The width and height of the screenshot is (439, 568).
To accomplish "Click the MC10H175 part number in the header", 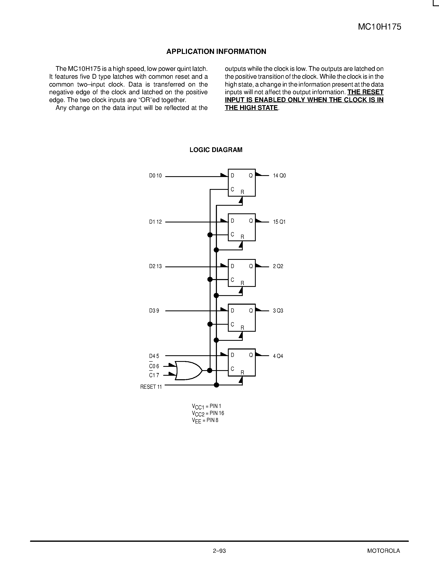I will coord(380,27).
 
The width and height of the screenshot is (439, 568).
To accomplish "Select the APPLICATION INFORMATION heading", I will coord(216,51).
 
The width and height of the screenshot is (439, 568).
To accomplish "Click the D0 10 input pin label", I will coord(155,176).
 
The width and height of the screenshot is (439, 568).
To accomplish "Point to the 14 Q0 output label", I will coord(279,176).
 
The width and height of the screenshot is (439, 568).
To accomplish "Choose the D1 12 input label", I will coord(155,222).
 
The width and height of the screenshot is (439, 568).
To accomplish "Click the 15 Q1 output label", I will coord(279,222).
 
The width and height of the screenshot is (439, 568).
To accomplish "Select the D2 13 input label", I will coord(155,266).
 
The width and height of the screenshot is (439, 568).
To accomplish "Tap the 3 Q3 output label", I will coord(278,311).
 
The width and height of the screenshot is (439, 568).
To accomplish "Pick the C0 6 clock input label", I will coord(154,366).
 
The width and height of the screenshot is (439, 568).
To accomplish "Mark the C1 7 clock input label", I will coord(154,375).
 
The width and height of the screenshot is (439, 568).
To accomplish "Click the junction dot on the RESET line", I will coord(216,385).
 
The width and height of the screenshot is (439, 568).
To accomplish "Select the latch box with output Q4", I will coord(242,362).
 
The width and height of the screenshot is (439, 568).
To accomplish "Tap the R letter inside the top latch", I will coord(242,192).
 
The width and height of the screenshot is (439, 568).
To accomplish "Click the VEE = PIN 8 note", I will coord(205,420).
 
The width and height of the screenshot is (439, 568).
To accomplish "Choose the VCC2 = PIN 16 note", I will coord(208,413).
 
